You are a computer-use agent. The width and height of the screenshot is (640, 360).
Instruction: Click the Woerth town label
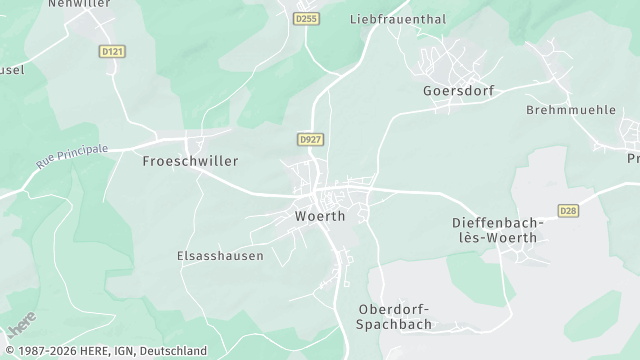tap(320, 216)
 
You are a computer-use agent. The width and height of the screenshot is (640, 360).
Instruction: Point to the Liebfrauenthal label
tap(396, 19)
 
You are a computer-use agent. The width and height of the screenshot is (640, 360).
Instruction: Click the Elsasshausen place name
tap(220, 255)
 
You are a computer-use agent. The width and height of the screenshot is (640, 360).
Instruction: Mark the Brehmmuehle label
tap(571, 110)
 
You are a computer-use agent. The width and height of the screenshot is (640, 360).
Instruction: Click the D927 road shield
tap(309, 140)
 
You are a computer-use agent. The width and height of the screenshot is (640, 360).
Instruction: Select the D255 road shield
tap(305, 18)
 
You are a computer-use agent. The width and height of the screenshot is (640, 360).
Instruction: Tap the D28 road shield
tap(569, 210)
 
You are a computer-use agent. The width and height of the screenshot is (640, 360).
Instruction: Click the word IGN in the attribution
tap(125, 351)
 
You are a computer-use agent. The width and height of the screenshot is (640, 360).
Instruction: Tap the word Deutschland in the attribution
tap(173, 351)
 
